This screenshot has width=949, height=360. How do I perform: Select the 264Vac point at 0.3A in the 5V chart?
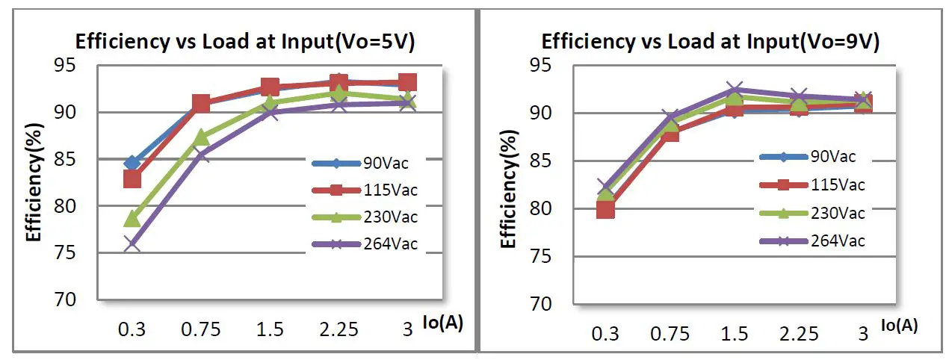132,243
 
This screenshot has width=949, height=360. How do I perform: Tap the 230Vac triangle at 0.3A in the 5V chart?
132,218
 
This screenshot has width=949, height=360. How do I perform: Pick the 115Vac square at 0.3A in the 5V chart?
132,179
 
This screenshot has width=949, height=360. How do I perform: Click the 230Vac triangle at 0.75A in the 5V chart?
201,137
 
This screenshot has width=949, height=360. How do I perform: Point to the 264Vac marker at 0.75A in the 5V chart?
201,155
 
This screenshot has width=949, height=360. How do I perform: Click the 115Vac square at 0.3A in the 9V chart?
606,209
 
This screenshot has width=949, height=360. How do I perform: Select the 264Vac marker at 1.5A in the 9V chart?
735,90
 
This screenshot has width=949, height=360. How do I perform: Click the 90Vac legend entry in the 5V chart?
365,161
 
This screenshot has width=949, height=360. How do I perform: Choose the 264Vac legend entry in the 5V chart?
365,245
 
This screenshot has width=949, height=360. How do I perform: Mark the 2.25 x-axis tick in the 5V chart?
339,329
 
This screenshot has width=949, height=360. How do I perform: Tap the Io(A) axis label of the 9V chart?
899,325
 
